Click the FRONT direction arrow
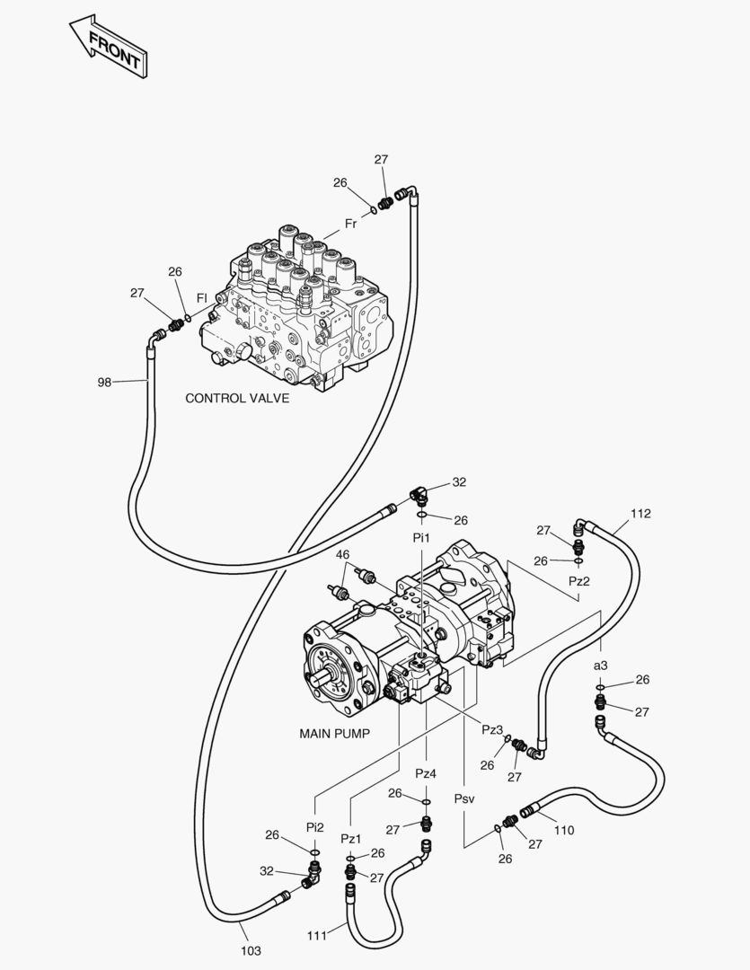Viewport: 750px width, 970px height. (x=110, y=47)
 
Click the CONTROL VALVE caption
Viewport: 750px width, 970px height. (x=237, y=399)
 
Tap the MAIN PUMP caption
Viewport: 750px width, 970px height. (x=335, y=734)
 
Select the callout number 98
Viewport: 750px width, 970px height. (x=104, y=383)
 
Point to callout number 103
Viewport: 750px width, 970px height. (x=251, y=951)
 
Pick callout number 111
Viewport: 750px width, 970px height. (x=317, y=936)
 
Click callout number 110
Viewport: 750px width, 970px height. (x=564, y=830)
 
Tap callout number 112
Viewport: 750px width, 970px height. (x=640, y=514)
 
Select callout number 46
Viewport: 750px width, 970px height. (x=343, y=555)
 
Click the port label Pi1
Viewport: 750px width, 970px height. (x=421, y=538)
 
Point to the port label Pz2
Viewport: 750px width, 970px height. (x=579, y=581)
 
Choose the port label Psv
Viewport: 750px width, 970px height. (x=464, y=798)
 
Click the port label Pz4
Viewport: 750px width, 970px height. (x=426, y=773)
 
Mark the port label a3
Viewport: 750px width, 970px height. (x=600, y=666)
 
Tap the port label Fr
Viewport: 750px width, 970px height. (x=351, y=224)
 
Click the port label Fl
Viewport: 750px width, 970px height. (x=201, y=297)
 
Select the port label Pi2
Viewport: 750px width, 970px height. (x=315, y=827)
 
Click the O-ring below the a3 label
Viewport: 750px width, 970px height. (x=600, y=687)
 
